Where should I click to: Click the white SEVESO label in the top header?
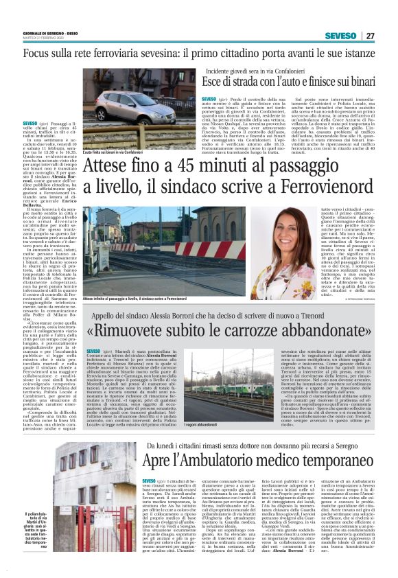340,35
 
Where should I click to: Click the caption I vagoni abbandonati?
210,426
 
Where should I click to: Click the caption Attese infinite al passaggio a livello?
134,299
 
